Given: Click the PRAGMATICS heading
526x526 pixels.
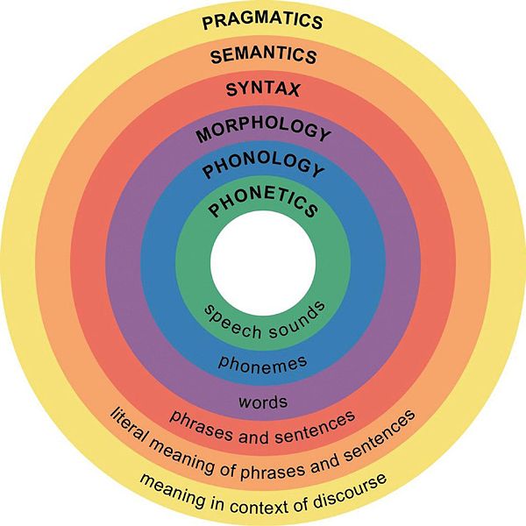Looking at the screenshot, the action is point(262,20).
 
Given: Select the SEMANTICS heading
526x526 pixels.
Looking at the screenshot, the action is point(263,54).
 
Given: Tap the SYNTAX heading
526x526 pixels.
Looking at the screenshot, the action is point(263,89).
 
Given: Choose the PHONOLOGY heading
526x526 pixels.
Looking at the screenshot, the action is point(263,165).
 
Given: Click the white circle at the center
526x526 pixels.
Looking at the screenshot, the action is point(263,263).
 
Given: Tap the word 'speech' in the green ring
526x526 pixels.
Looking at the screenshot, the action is point(232,323).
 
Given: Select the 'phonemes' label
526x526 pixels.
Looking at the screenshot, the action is point(263,365).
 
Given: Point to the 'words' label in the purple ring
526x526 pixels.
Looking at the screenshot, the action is point(263,402).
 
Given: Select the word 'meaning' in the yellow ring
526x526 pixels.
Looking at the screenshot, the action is point(172,492).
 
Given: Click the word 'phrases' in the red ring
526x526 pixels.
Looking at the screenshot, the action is point(201,425).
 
